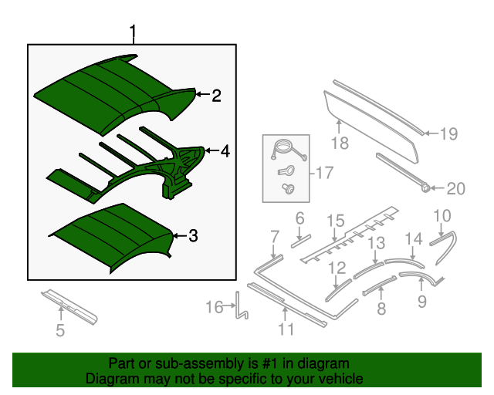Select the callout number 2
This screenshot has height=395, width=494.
pos(216,96)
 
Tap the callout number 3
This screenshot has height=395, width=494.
pos(194,236)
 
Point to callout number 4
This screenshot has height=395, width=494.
pos(225,152)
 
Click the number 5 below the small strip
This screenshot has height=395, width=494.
pos(60,332)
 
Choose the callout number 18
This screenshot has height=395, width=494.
pos(340,143)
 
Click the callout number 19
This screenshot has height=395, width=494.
pos(448,134)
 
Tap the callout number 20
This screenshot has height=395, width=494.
pos(456,188)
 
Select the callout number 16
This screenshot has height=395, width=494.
pos(214,308)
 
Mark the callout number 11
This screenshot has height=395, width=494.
pos(286,330)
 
